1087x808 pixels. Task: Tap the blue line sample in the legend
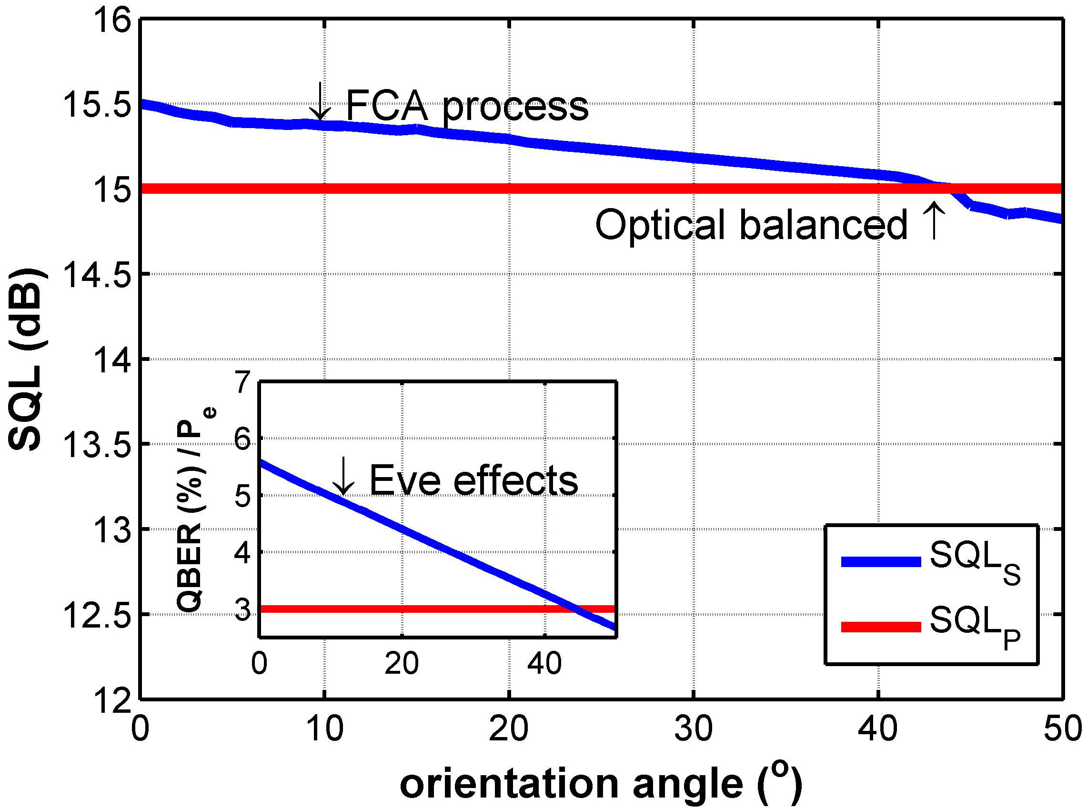(x=881, y=562)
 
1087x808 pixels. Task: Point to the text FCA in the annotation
(x=387, y=105)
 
